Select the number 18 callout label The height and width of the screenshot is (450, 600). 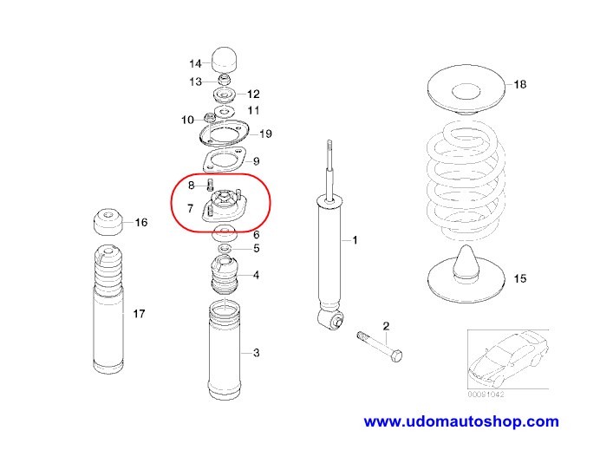519,84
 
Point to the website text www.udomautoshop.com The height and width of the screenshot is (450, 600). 460,422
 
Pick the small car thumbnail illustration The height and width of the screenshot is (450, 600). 506,362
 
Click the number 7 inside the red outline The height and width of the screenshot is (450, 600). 189,208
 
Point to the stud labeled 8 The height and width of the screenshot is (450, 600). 210,183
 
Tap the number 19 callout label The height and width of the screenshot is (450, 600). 265,134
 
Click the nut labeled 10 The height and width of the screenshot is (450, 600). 208,117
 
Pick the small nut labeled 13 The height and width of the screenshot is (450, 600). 224,81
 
